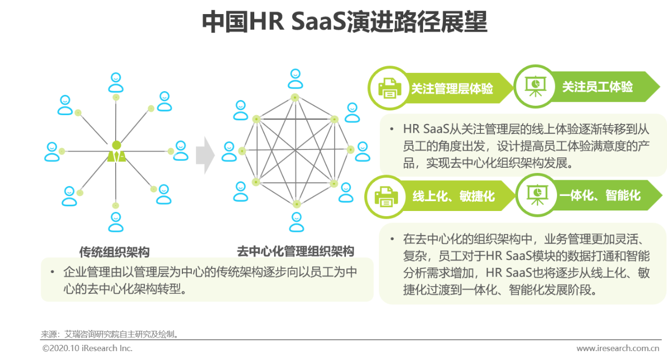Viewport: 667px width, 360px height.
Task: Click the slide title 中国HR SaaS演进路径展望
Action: point(344,23)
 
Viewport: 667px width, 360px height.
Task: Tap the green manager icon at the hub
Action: point(116,152)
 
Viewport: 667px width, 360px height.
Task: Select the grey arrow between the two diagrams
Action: point(205,155)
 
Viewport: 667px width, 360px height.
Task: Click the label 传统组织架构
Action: point(115,252)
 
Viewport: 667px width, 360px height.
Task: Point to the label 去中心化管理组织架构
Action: point(295,251)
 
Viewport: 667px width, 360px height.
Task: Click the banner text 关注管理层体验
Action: point(452,89)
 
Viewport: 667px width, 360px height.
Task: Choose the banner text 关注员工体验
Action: point(597,87)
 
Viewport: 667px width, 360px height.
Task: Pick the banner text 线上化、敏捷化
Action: point(453,196)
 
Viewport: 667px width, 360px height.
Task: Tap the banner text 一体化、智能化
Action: point(600,196)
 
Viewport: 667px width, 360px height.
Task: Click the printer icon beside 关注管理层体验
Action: point(389,88)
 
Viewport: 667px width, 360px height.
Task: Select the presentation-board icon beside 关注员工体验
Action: point(535,86)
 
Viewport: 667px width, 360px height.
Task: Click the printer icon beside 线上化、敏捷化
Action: point(387,196)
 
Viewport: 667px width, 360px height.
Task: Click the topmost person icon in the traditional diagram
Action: point(116,82)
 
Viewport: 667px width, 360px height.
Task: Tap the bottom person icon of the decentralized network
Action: point(297,222)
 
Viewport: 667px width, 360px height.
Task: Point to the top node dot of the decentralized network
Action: point(295,97)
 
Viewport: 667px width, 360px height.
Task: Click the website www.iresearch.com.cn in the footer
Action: point(617,348)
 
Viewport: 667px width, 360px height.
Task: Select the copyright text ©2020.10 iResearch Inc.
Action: point(88,348)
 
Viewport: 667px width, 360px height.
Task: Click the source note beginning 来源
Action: point(110,334)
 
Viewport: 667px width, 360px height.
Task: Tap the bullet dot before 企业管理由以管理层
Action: point(52,272)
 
